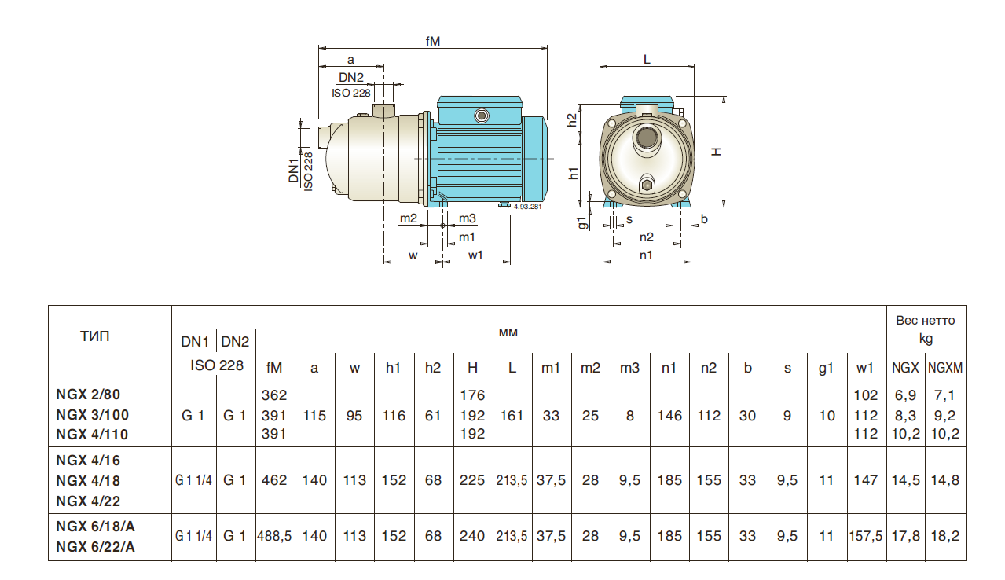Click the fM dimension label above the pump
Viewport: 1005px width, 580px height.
point(432,40)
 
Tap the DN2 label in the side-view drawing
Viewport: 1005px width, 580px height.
point(351,77)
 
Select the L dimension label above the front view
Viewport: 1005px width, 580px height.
point(646,59)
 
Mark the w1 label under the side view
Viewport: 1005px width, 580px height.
point(475,255)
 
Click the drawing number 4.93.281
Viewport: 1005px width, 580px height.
point(527,206)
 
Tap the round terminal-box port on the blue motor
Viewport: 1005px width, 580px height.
point(482,116)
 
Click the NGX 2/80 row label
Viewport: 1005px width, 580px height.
point(89,395)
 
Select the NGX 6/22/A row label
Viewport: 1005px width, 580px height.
point(95,547)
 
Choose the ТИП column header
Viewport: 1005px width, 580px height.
point(95,337)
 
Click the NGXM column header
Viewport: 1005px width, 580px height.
point(945,367)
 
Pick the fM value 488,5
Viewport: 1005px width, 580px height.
point(275,536)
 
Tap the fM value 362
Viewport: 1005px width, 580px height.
point(274,395)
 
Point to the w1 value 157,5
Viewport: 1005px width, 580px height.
point(867,536)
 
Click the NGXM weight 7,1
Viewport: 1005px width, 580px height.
point(945,395)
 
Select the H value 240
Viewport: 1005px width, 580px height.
point(472,536)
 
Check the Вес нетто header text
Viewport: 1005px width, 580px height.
point(926,320)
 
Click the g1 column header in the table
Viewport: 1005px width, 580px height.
point(826,367)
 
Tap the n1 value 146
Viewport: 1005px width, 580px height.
point(669,415)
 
